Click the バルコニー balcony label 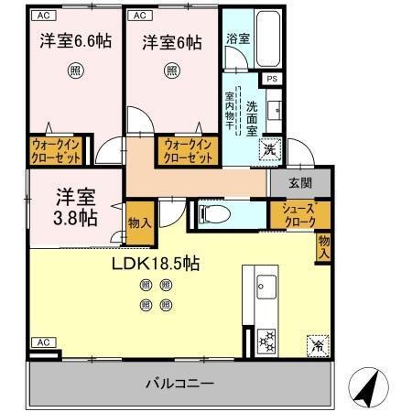tap(179, 382)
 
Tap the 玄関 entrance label tap(299, 182)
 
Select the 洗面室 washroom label tap(254, 118)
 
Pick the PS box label tap(271, 80)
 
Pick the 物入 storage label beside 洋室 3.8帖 tap(139, 222)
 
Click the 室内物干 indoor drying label tap(231, 114)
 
